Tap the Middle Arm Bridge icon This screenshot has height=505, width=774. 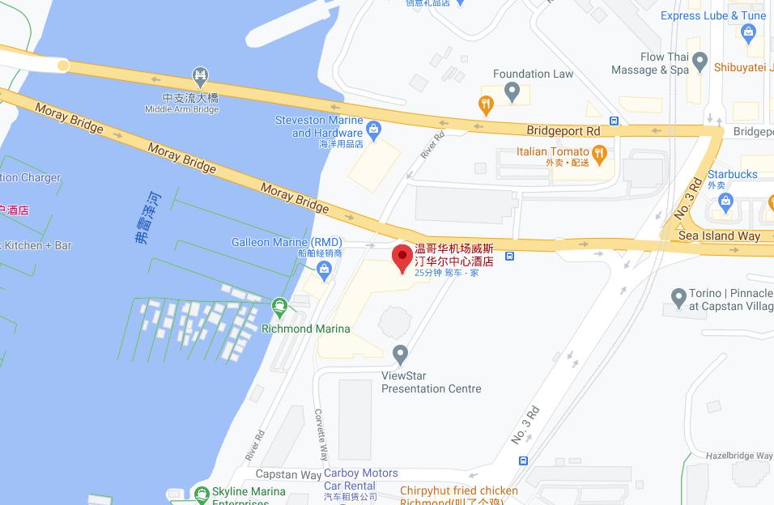coord(200,77)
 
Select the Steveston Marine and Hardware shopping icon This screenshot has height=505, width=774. coord(373,128)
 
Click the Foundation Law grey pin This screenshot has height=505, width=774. coord(511,91)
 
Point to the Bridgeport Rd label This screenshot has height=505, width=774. coord(563,130)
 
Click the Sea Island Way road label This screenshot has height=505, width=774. coord(719,236)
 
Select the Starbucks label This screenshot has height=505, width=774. coord(732,174)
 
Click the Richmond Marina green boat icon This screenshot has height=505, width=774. coord(280,307)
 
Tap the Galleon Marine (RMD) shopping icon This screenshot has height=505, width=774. coord(325,269)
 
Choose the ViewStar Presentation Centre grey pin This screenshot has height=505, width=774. coord(399,354)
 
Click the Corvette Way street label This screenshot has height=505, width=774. coord(321,434)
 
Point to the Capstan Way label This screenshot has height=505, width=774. coord(288,474)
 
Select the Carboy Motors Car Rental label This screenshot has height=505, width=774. coord(360,478)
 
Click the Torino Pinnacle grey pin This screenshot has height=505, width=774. coord(679,297)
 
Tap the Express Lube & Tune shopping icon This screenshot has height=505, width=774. coord(748,33)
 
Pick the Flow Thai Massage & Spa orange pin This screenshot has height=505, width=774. coord(700,63)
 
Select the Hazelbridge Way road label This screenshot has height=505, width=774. coord(738,456)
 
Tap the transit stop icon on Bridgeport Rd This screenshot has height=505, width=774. coord(615,121)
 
